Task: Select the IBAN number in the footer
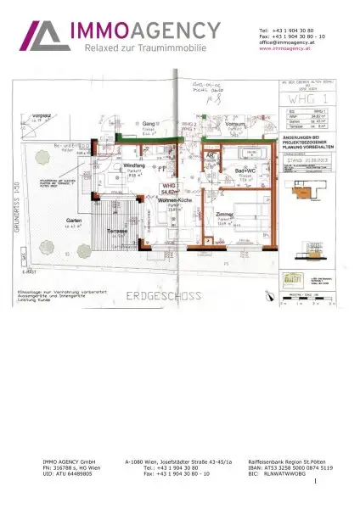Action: tap(291, 467)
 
